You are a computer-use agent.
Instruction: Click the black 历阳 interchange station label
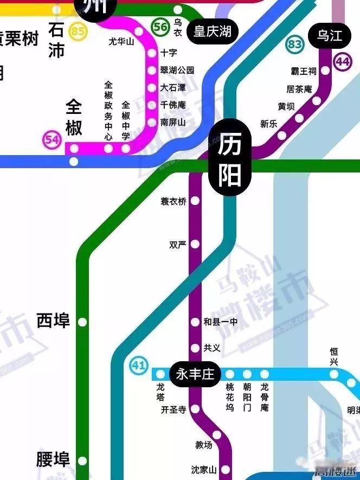(x=230, y=160)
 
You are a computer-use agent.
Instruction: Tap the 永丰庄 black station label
(x=195, y=374)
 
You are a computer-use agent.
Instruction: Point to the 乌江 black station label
(x=330, y=36)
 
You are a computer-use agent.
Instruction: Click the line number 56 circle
(x=160, y=27)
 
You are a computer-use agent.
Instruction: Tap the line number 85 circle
(x=78, y=31)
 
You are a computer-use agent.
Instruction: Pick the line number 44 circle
(x=343, y=62)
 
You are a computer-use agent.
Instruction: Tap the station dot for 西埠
(x=82, y=322)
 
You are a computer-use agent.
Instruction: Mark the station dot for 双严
(x=195, y=244)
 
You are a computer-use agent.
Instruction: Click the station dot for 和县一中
(x=195, y=322)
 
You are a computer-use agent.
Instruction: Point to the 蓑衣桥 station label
(x=173, y=201)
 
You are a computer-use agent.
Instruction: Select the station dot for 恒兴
(x=334, y=374)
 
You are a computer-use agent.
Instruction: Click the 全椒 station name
(x=74, y=117)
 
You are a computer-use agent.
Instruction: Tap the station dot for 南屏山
(x=152, y=123)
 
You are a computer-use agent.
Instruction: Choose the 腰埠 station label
(x=53, y=459)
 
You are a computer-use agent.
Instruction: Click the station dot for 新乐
(x=282, y=135)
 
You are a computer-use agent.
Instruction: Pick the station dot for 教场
(x=217, y=434)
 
